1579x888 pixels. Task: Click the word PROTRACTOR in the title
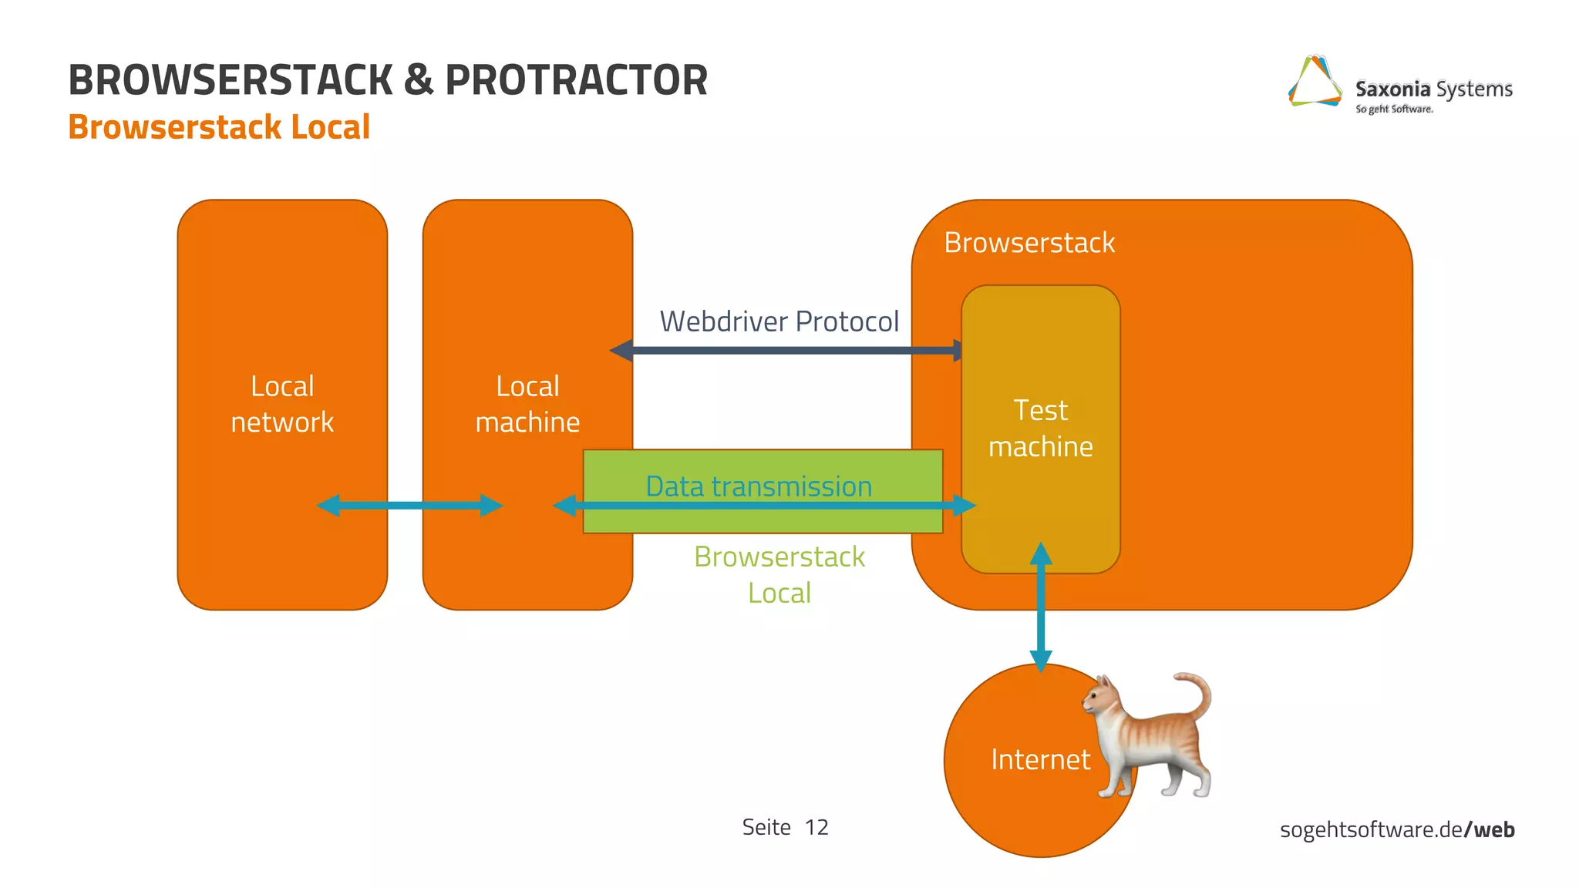coord(576,80)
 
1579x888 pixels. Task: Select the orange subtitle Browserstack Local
coord(219,127)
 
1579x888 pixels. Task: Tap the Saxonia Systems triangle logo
coord(1315,82)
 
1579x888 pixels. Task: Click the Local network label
coord(282,404)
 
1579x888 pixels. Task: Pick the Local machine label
coord(527,404)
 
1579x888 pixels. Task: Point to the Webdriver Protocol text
coord(779,321)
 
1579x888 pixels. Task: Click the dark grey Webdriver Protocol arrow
coord(786,351)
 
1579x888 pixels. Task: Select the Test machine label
coord(1040,429)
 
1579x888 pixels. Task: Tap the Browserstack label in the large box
coord(1029,243)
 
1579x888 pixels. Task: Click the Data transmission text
coord(759,486)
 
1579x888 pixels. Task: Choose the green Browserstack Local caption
coord(779,574)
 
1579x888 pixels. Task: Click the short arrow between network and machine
coord(409,506)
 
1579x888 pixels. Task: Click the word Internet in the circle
coord(1040,760)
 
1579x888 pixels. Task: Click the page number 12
coord(816,827)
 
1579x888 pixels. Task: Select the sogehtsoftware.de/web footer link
coord(1396,829)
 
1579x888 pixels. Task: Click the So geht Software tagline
coord(1394,109)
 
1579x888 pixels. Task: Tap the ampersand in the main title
coord(419,80)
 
